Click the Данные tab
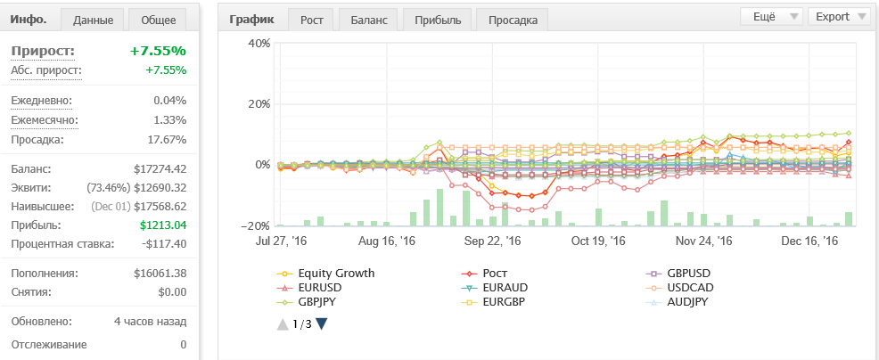93,20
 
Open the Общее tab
158,20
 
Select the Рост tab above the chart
312,20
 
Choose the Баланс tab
369,20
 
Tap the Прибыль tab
438,20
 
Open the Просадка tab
513,20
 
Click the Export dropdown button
839,16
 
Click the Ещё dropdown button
771,16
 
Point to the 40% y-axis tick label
259,43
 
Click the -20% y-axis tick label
257,225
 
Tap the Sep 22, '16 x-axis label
493,241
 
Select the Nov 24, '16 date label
703,241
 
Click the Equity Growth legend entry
325,274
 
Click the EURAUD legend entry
495,288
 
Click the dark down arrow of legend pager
321,324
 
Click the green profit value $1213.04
163,225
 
